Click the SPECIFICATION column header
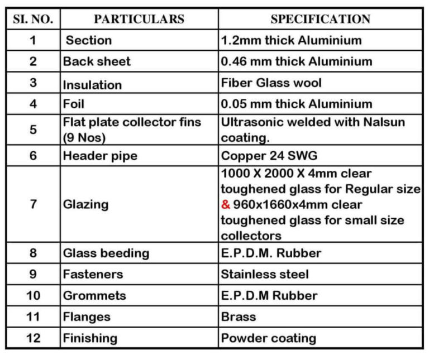tap(320, 20)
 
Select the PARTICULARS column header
tap(139, 20)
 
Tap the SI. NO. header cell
tap(33, 20)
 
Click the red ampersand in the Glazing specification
tap(225, 205)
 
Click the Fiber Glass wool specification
tap(271, 83)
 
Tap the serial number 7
tap(33, 204)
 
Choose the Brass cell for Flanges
tap(239, 317)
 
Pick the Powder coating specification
tap(269, 338)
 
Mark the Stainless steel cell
tap(265, 275)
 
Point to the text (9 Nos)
tap(84, 137)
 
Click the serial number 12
tap(33, 338)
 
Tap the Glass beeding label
tap(106, 253)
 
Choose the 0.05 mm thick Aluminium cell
tap(297, 104)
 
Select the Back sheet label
tap(97, 61)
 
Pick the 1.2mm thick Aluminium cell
tap(291, 41)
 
